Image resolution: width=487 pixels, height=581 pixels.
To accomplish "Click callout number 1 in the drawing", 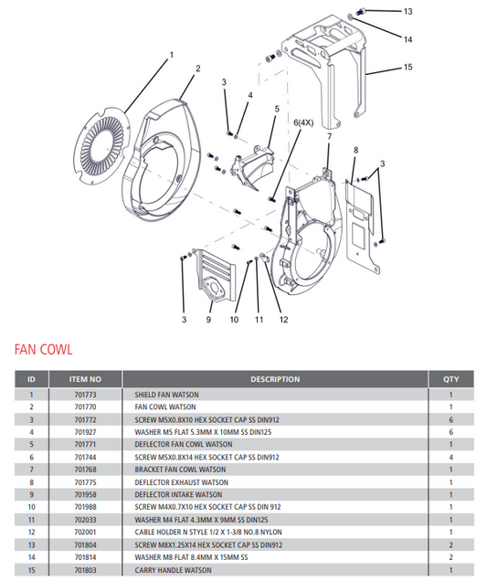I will click(x=170, y=57).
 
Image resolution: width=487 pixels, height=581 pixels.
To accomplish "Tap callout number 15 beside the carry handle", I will click(x=408, y=67).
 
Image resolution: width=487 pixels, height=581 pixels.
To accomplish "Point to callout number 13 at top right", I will click(x=408, y=11).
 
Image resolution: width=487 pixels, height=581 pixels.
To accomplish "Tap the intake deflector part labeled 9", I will click(x=217, y=279).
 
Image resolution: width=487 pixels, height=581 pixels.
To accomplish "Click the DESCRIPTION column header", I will click(x=275, y=379).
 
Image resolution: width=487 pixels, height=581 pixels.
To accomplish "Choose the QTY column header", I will click(x=451, y=379).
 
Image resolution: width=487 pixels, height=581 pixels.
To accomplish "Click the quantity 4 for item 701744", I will click(x=451, y=456).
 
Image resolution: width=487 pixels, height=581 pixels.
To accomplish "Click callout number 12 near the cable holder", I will click(x=283, y=320).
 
